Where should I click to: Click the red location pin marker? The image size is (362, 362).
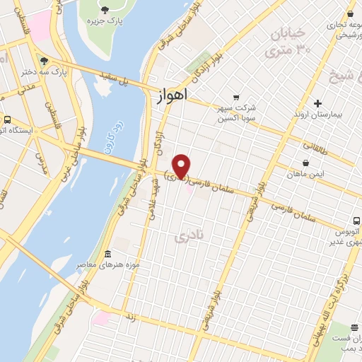click(x=182, y=165)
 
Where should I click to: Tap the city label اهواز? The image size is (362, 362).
click(x=169, y=98)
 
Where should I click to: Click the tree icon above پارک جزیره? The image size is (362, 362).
click(x=105, y=9)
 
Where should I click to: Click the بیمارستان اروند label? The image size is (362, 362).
click(x=318, y=114)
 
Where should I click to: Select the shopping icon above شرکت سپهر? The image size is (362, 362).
click(x=237, y=97)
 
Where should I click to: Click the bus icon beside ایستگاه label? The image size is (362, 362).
click(x=6, y=119)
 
